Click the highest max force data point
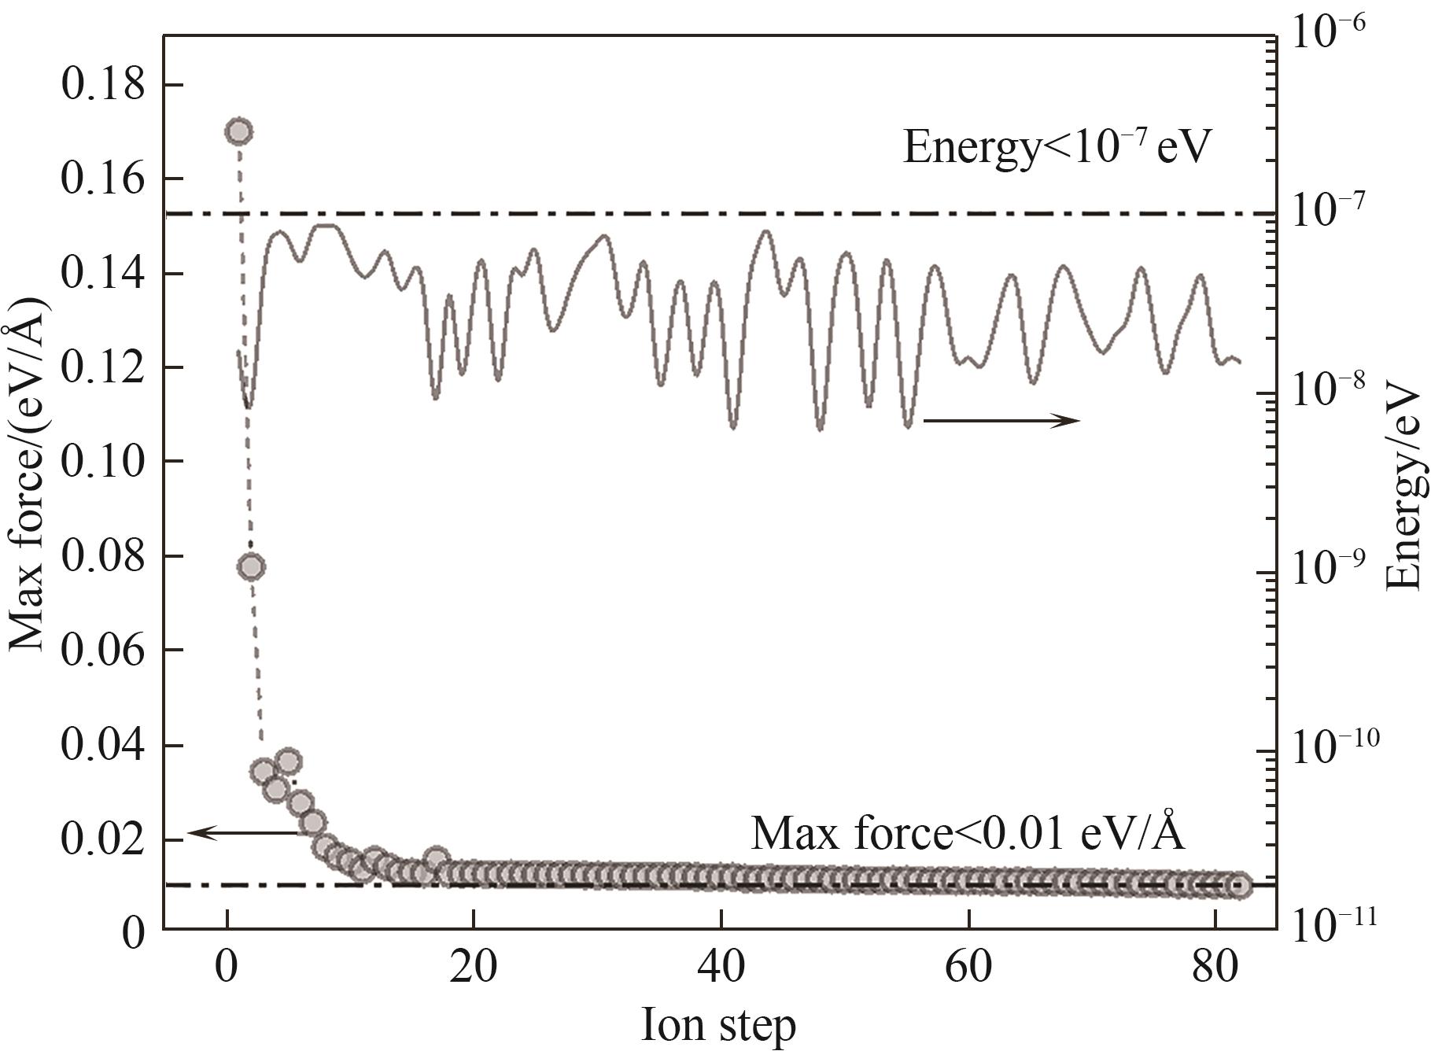239,131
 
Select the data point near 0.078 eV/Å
251,566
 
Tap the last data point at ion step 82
1239,885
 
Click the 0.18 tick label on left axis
103,85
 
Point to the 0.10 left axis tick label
103,462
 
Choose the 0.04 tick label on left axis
103,746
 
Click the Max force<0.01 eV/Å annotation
968,832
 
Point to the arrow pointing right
1001,421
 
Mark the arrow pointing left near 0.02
240,833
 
